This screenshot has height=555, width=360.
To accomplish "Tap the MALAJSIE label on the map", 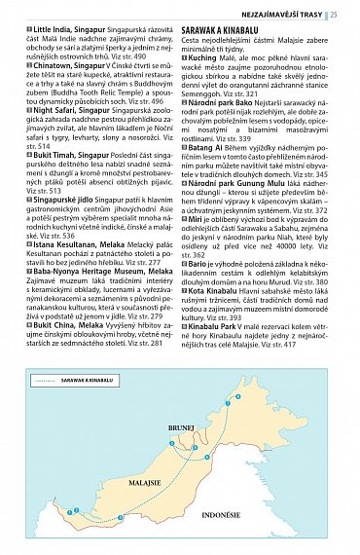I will [x=143, y=483].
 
